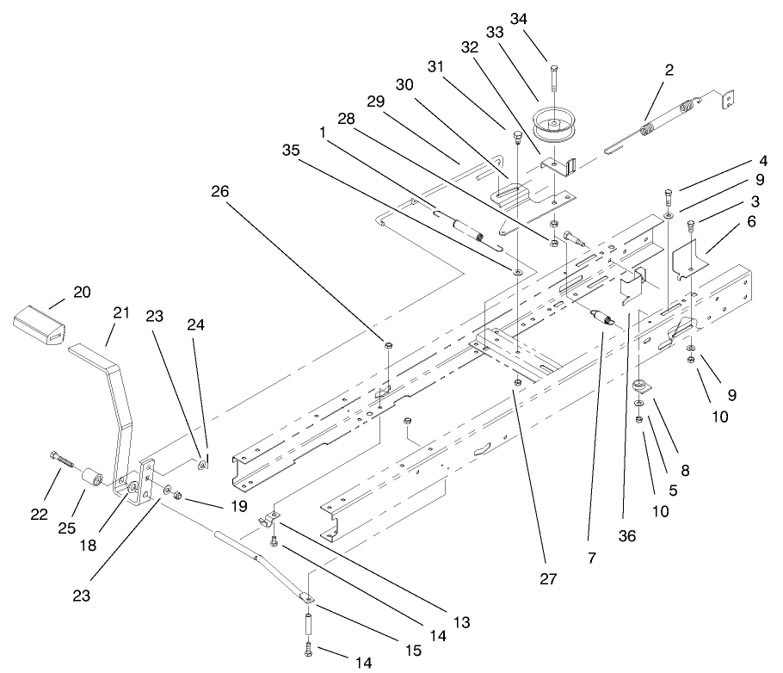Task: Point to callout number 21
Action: point(120,313)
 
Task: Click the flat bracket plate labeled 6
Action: point(688,260)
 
